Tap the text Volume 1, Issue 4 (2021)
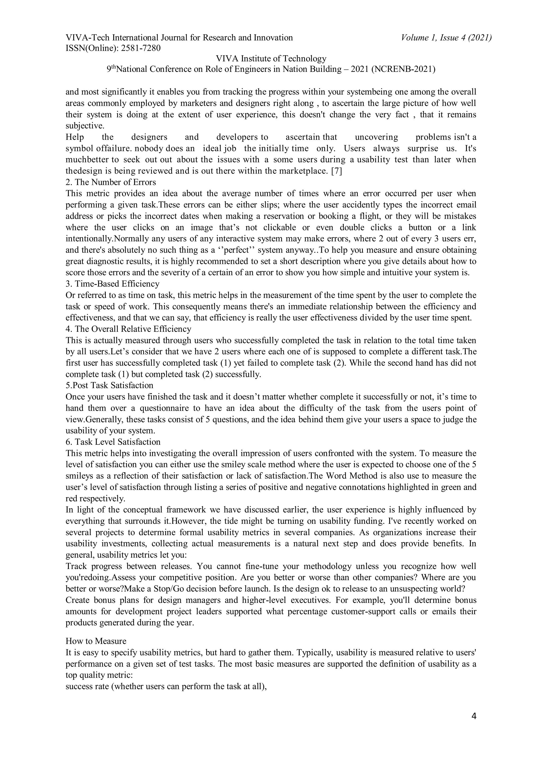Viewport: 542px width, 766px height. point(446,38)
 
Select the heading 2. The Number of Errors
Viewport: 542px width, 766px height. point(111,182)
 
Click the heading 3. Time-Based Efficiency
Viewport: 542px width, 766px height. point(112,284)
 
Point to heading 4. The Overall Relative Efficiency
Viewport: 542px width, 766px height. point(128,329)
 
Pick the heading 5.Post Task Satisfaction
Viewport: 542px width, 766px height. point(109,385)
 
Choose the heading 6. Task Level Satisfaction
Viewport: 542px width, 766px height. point(113,442)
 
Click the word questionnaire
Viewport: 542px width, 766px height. point(169,408)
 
